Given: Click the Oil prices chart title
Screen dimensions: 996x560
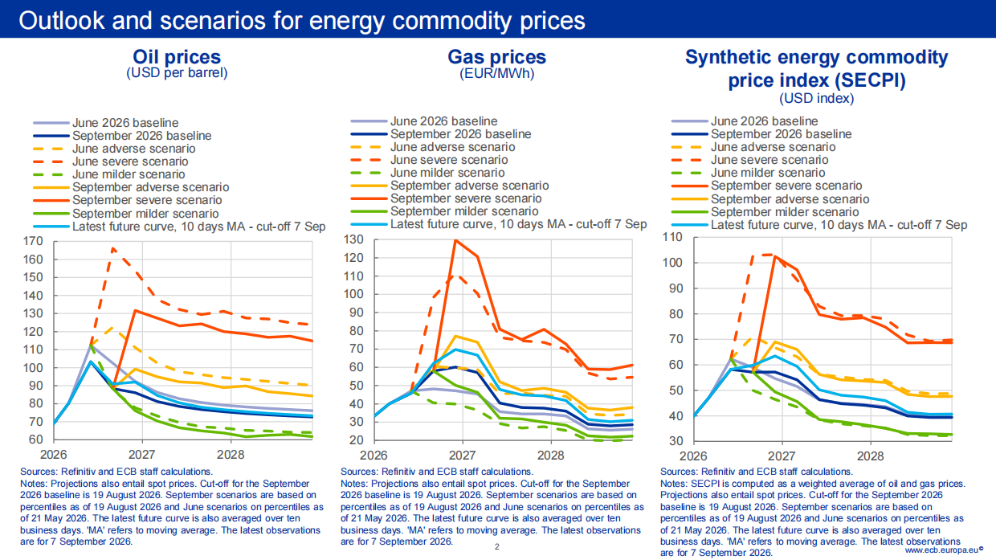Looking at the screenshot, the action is click(x=177, y=57).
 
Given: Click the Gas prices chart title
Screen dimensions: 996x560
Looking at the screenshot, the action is click(x=496, y=57).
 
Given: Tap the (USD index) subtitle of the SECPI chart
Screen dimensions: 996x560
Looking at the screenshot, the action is click(x=816, y=98).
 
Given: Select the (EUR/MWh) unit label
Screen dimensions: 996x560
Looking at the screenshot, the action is click(x=496, y=73).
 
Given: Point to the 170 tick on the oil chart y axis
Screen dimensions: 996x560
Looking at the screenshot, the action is click(x=33, y=242).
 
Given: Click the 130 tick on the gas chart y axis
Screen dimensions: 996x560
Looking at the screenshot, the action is click(x=353, y=239).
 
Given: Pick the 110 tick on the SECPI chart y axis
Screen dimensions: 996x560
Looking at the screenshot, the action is click(x=672, y=237).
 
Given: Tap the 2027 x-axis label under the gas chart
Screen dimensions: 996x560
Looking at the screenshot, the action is click(x=462, y=456).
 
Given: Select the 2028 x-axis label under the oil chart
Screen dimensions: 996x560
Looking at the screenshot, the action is click(x=231, y=455).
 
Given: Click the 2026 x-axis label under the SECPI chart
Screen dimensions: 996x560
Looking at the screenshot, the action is click(x=693, y=456).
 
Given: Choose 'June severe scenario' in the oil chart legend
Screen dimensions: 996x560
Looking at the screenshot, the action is click(x=130, y=161).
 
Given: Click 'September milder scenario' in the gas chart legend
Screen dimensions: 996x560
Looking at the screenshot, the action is click(x=464, y=211).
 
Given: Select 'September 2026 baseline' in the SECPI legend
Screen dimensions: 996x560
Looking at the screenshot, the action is click(x=782, y=134).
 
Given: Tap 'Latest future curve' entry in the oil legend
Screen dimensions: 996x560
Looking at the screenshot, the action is click(x=198, y=227).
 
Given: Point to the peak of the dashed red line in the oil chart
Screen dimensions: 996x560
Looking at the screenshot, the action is click(x=113, y=248).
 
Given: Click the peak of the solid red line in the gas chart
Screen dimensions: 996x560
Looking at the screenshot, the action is click(x=455, y=240).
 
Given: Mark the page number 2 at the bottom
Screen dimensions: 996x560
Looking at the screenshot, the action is click(x=497, y=546).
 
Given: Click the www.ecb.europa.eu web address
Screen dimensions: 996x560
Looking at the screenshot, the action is click(x=944, y=550).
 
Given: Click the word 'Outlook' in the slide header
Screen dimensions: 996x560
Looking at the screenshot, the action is click(x=62, y=20).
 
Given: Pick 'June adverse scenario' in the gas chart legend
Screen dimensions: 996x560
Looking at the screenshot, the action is click(x=453, y=147).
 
